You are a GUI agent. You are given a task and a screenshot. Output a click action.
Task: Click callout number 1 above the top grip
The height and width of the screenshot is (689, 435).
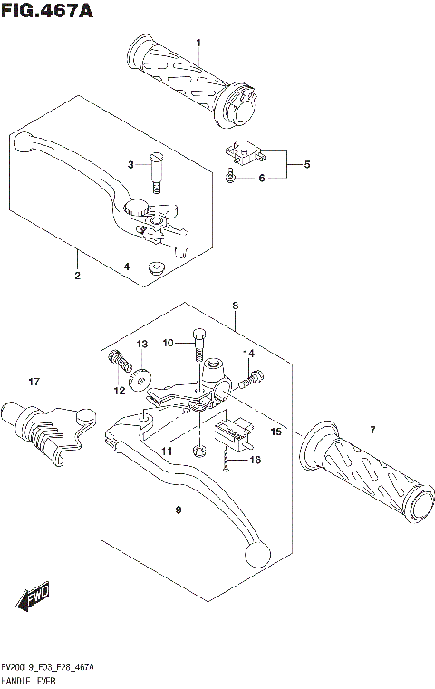(x=198, y=44)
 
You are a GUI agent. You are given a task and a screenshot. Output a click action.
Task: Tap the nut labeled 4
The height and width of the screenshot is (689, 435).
(x=156, y=267)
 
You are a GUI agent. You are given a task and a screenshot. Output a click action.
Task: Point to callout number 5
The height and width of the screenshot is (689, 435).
(x=306, y=165)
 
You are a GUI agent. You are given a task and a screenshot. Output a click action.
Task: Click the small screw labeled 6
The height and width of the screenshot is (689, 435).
(x=231, y=177)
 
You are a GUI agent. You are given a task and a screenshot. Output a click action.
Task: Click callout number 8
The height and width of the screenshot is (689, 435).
(x=235, y=306)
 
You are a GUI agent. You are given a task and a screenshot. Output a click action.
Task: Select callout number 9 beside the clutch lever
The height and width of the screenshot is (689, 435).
(x=179, y=511)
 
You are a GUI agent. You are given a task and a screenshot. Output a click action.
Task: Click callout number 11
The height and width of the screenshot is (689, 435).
(x=165, y=451)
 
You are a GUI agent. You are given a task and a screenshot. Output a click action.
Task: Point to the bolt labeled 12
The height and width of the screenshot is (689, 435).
(x=116, y=360)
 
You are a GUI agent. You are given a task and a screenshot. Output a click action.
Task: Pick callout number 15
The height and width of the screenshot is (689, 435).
(x=276, y=432)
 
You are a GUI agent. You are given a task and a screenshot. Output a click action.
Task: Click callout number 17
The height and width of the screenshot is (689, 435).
(x=34, y=381)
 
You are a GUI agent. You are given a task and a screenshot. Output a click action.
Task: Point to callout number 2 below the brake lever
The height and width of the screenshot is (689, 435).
(x=77, y=275)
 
